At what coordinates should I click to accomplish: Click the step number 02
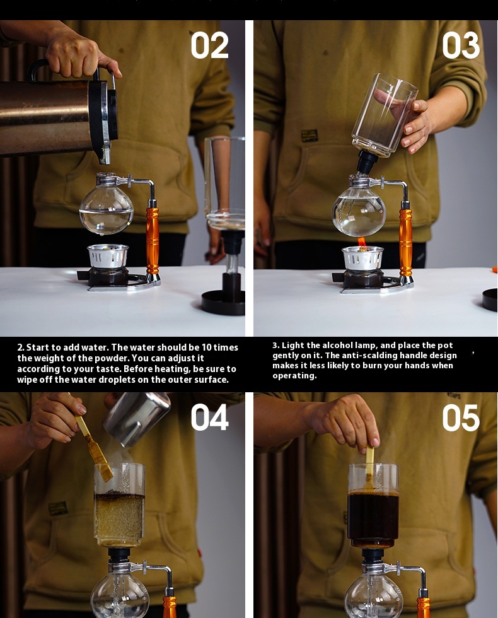[x=209, y=45]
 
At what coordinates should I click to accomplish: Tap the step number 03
[x=461, y=45]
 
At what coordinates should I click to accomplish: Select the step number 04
[x=209, y=417]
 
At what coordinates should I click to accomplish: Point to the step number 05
[x=461, y=417]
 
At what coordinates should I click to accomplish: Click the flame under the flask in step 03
[x=362, y=242]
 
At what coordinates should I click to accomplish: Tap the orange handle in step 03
[x=406, y=242]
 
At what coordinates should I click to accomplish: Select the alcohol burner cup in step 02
[x=108, y=256]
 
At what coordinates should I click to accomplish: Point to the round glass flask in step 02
[x=106, y=209]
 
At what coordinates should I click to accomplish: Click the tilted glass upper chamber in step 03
[x=384, y=114]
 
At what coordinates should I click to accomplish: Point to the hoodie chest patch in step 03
[x=310, y=135]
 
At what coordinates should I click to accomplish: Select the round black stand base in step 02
[x=223, y=303]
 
